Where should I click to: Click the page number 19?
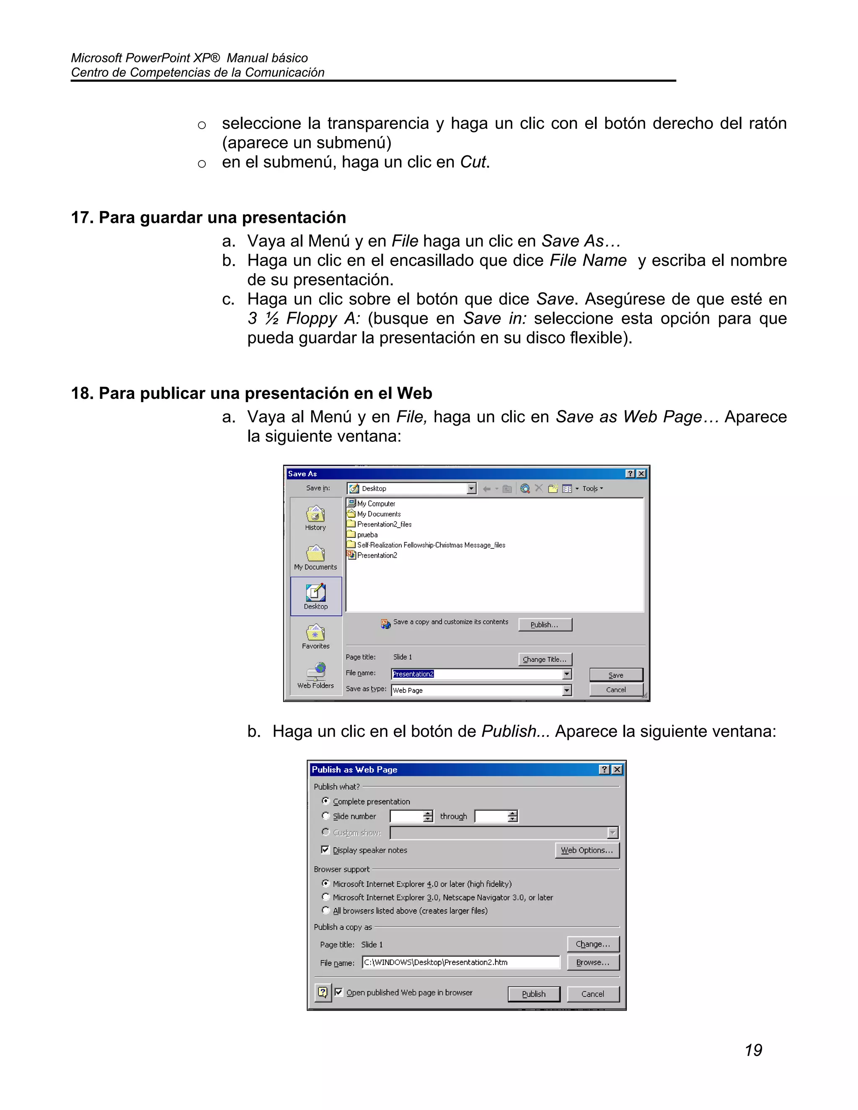tap(753, 1050)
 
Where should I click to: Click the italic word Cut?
tap(473, 162)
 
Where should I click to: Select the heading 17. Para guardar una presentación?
tap(208, 217)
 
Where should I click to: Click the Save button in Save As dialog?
tap(615, 675)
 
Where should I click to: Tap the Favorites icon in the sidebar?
tap(315, 633)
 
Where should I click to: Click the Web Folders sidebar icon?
tap(315, 672)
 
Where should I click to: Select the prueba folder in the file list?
tap(367, 534)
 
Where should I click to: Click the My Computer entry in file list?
tap(376, 503)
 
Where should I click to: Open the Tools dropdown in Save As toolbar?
tap(592, 488)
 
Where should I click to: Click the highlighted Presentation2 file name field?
tap(413, 674)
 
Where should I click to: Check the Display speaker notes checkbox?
tap(325, 850)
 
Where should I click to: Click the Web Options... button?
tap(587, 850)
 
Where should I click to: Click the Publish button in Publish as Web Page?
tap(533, 994)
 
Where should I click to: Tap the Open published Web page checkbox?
tap(339, 992)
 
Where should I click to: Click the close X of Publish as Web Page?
tap(617, 769)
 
